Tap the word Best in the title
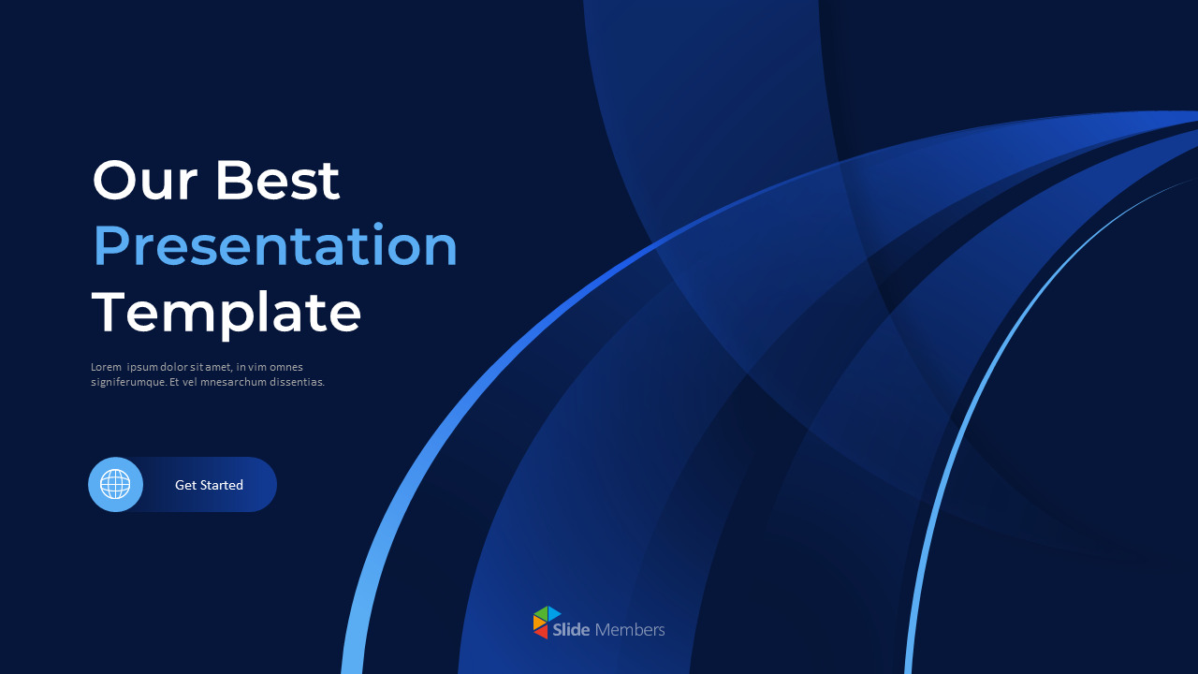point(277,180)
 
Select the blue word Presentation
point(275,246)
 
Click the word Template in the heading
point(226,313)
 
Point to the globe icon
point(115,484)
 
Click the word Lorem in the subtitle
point(106,367)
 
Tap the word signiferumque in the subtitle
point(128,382)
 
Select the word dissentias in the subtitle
point(296,382)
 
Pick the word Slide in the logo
point(571,630)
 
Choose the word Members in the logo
point(630,630)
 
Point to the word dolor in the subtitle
point(176,367)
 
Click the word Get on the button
point(184,485)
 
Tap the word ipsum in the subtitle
point(142,367)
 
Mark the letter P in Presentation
point(110,246)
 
